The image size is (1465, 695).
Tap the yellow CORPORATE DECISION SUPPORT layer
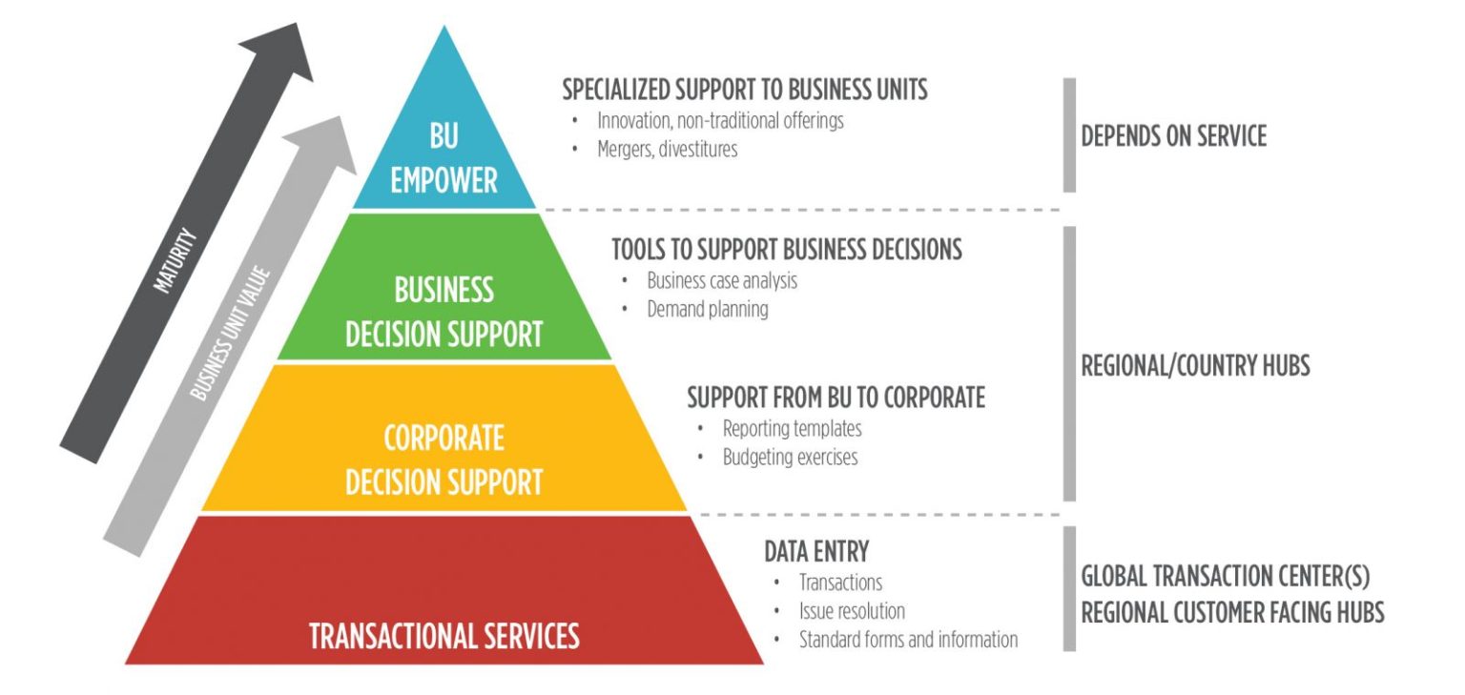(x=444, y=459)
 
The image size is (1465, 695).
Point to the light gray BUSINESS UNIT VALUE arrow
(x=229, y=334)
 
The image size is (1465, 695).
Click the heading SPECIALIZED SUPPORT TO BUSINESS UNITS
(x=744, y=90)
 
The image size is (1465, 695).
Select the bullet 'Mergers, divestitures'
(x=667, y=150)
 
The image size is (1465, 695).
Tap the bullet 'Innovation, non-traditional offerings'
(x=720, y=121)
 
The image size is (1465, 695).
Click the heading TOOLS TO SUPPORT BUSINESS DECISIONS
(x=786, y=250)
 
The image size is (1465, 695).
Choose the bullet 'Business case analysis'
(x=722, y=281)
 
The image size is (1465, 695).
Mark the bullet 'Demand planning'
(x=707, y=310)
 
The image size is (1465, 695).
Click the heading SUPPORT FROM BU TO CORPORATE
(x=836, y=397)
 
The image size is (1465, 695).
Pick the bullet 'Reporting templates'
(x=792, y=429)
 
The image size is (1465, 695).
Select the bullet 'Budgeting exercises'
(x=790, y=458)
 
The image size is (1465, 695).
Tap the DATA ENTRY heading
(x=816, y=551)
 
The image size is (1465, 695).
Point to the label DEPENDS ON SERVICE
(x=1173, y=135)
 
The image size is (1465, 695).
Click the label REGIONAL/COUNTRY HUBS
(x=1195, y=366)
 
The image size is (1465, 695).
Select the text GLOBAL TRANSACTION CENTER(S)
(x=1225, y=577)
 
